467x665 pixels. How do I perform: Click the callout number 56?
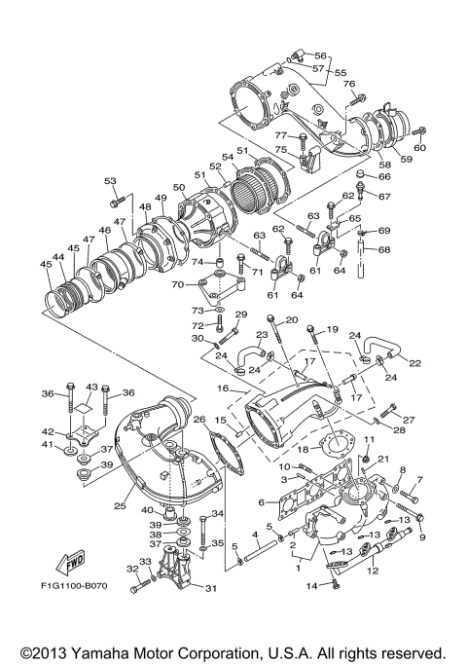pyautogui.click(x=320, y=55)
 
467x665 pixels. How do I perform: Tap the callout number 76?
pyautogui.click(x=348, y=84)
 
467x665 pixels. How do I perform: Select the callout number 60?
pyautogui.click(x=420, y=148)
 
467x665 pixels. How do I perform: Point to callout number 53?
pyautogui.click(x=110, y=181)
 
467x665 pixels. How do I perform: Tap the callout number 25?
pyautogui.click(x=122, y=506)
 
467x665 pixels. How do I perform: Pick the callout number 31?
pyautogui.click(x=211, y=587)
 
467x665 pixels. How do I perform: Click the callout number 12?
pyautogui.click(x=373, y=572)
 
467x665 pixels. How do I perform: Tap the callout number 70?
pyautogui.click(x=177, y=285)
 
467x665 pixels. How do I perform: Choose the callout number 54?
pyautogui.click(x=228, y=157)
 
